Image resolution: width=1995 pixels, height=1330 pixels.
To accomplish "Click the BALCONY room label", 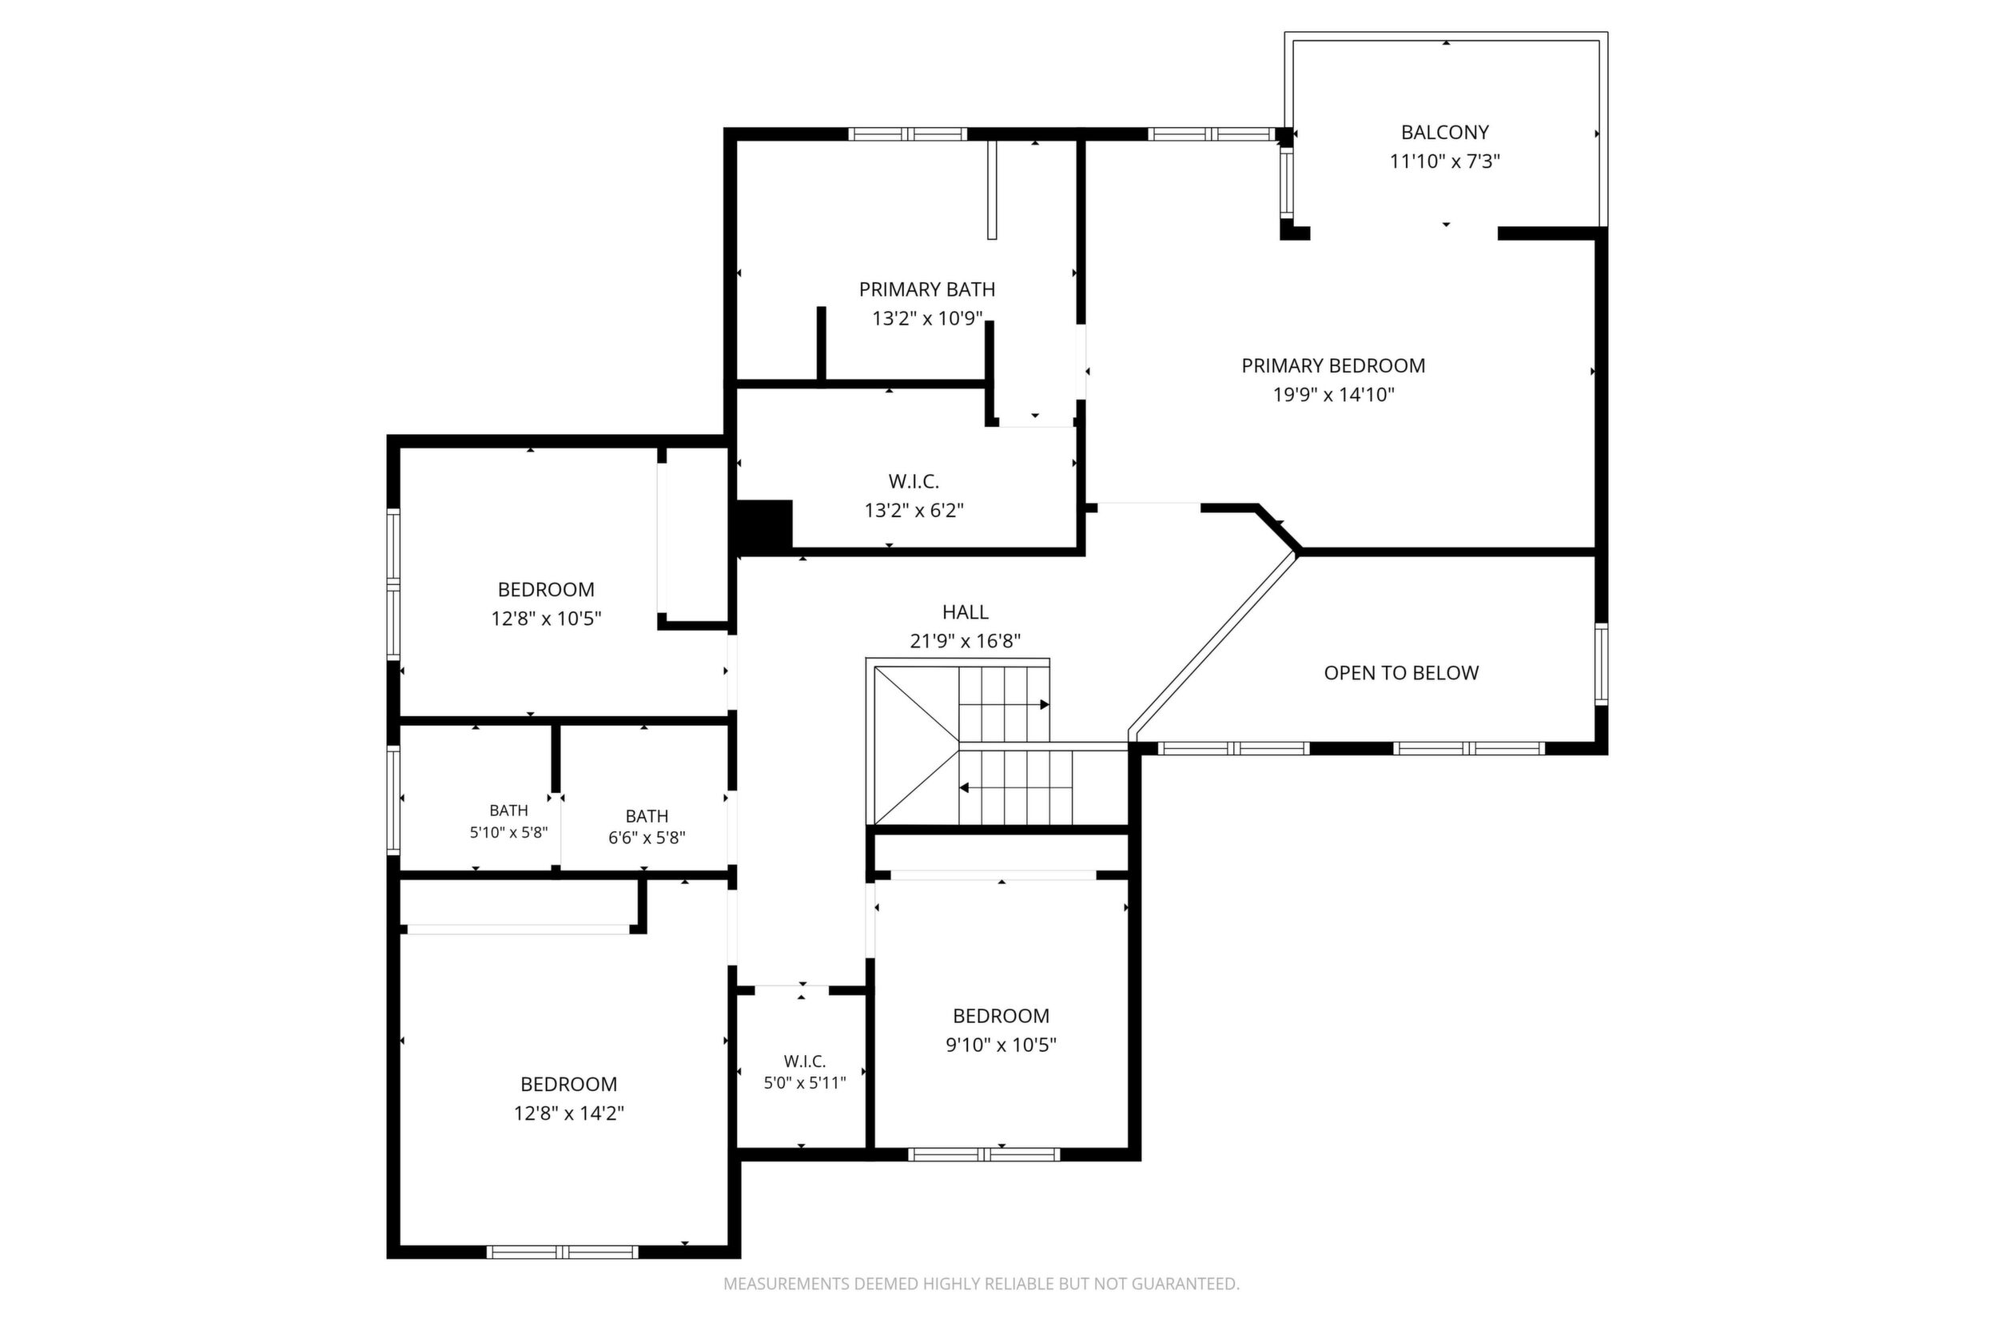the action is point(1444,133).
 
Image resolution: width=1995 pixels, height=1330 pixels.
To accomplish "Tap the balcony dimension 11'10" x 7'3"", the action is point(1444,161).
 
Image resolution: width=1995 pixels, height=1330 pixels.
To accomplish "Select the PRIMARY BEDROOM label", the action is point(1333,365).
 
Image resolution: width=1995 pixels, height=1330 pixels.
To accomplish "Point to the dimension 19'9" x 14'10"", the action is point(1333,394).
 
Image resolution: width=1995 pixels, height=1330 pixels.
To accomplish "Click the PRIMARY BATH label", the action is point(927,289).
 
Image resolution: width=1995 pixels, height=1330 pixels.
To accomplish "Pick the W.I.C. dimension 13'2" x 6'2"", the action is point(914,511).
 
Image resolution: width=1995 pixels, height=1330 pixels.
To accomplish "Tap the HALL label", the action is point(966,611).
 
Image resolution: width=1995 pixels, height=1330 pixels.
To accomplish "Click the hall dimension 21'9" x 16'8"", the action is point(966,641).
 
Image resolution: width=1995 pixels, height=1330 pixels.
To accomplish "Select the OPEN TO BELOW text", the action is point(1401,673).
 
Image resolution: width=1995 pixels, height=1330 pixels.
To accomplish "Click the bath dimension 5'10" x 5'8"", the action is point(509,833).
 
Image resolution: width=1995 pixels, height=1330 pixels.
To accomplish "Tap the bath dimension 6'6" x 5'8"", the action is point(647,838).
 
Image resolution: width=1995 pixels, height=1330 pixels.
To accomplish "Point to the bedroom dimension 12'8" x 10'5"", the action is point(546,619).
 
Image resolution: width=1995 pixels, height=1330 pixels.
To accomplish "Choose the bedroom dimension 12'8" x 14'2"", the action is point(569,1113).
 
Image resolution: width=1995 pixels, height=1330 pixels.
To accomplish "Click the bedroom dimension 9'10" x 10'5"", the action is point(1001,1044).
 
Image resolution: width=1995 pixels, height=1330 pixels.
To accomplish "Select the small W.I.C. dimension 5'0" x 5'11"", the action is point(805,1083).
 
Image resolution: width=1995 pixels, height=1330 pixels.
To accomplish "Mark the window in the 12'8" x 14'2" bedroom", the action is point(563,1252).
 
